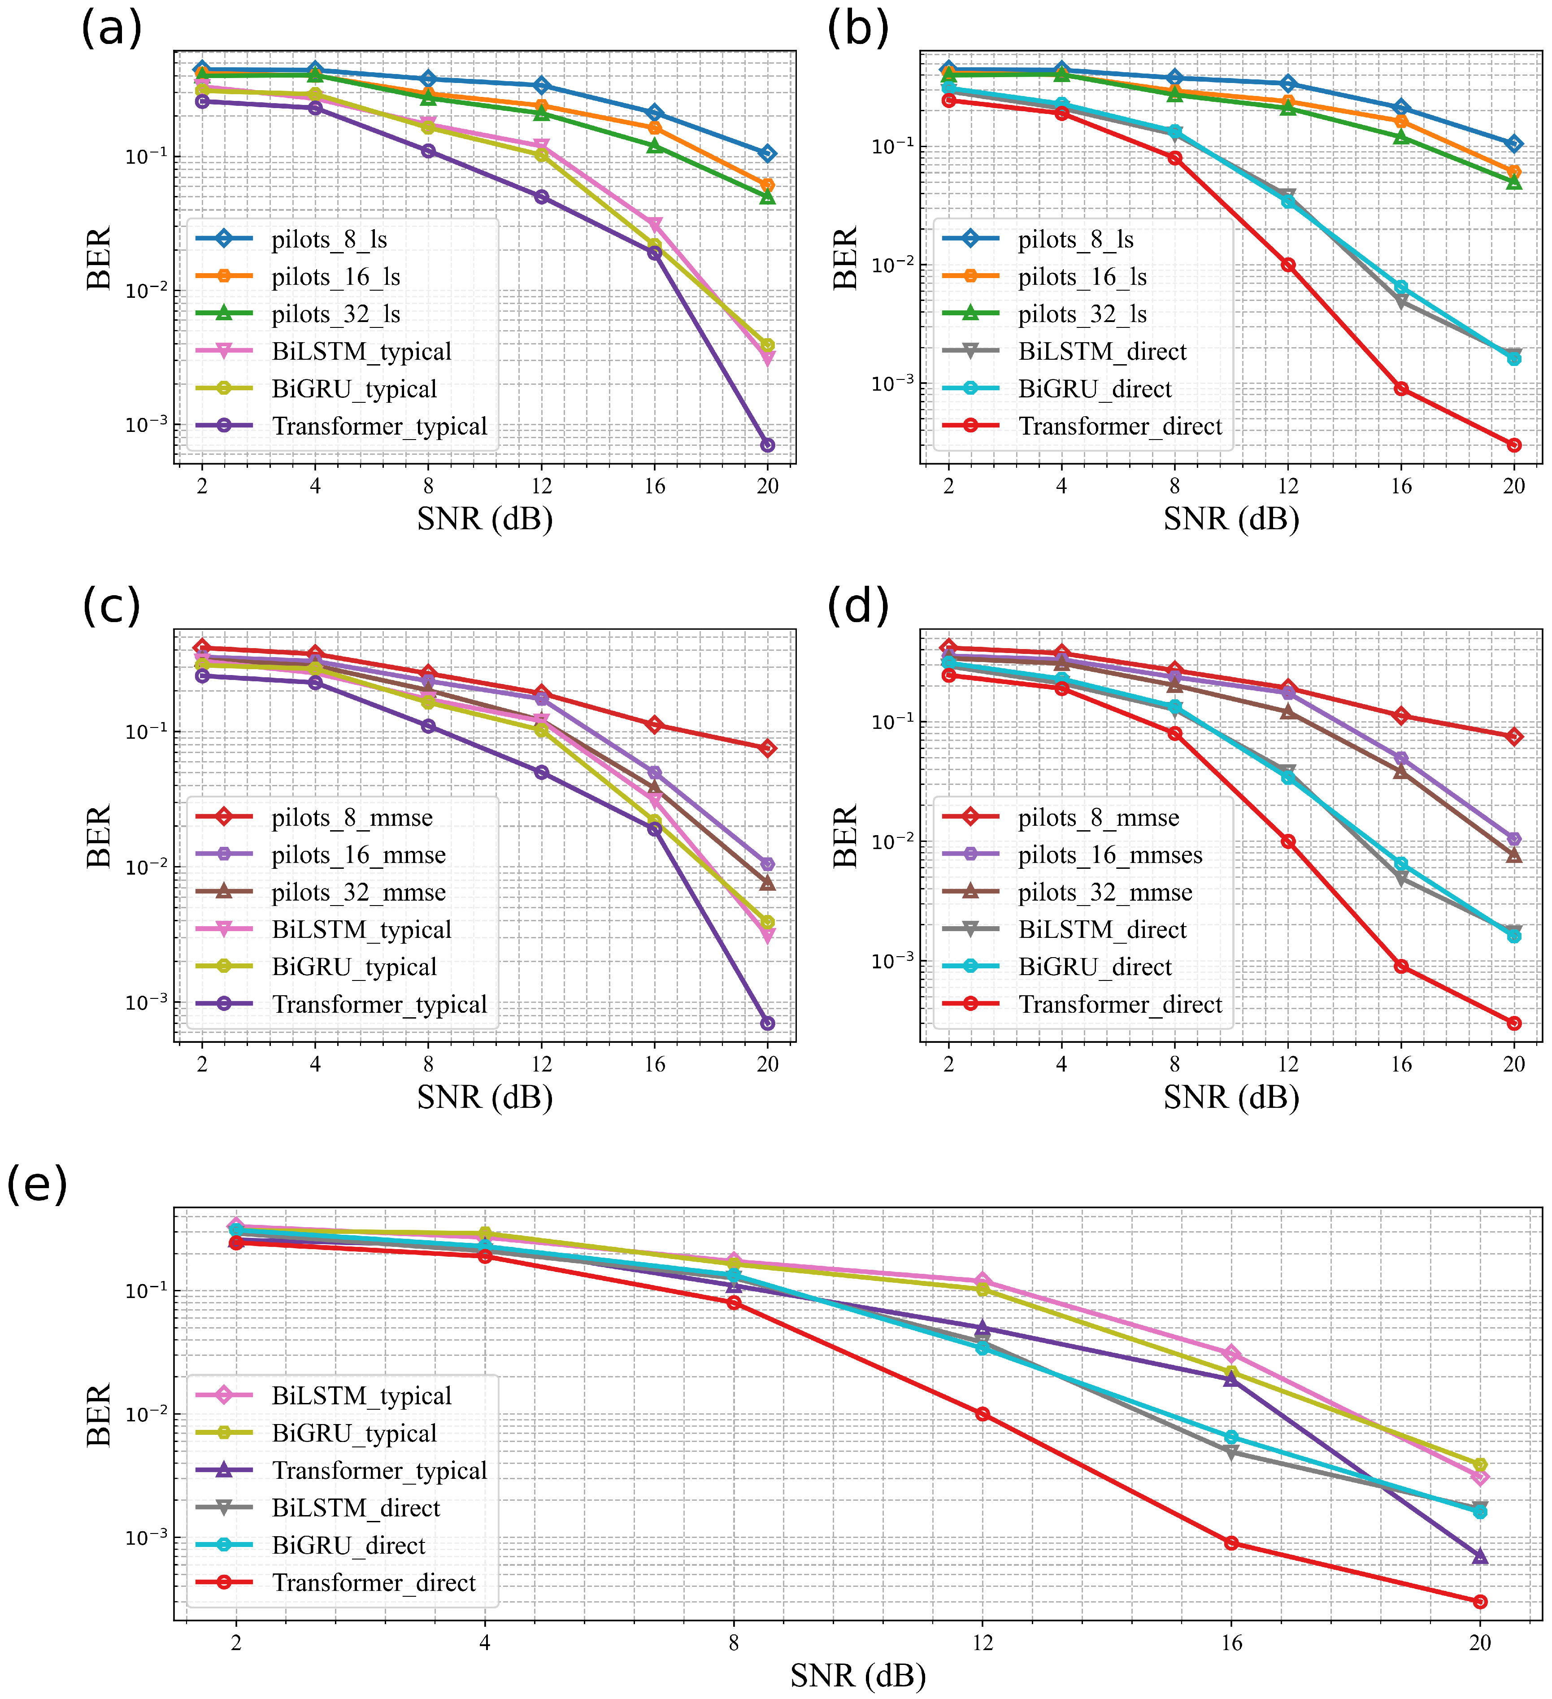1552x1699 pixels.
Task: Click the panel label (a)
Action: (x=111, y=30)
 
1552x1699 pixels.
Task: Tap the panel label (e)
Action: (x=37, y=1186)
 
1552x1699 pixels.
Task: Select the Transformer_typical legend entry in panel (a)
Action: (x=379, y=427)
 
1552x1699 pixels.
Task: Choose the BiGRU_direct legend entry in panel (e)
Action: (x=348, y=1546)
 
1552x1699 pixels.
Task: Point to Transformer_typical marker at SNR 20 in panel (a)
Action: (x=767, y=445)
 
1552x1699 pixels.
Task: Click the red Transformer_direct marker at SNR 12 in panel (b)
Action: (x=1287, y=265)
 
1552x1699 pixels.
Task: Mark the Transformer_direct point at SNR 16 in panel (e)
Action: (x=1231, y=1543)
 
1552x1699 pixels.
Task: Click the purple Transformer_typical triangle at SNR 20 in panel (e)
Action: (x=1479, y=1556)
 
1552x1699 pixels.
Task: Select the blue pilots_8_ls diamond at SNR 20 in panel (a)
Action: (x=767, y=153)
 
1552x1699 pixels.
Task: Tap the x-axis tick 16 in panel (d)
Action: (x=1400, y=1064)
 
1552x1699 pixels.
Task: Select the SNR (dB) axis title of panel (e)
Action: (x=858, y=1675)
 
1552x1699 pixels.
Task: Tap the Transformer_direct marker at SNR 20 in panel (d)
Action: (x=1513, y=1023)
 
